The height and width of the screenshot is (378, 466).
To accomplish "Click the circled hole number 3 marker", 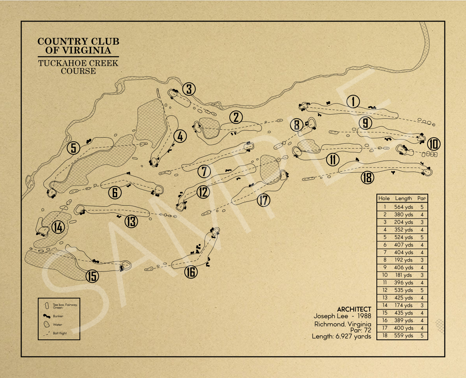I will [x=189, y=89].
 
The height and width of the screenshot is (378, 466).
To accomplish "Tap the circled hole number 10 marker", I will [x=434, y=144].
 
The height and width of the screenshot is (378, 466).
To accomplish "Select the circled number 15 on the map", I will [x=92, y=276].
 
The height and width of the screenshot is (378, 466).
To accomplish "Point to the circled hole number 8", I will [x=297, y=125].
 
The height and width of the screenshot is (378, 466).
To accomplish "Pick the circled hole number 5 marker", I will [x=74, y=148].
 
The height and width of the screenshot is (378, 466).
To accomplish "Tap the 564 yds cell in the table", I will [x=403, y=207].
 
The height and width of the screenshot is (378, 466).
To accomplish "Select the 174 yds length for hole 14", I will [x=403, y=305].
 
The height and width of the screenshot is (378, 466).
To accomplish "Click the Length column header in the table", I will [x=403, y=198].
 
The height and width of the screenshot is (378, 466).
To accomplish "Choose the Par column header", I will [x=421, y=198].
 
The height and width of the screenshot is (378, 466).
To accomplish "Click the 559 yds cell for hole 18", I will [x=403, y=336].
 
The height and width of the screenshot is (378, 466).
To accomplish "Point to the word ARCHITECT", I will [x=354, y=309].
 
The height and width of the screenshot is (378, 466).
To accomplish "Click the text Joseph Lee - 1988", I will [x=342, y=316].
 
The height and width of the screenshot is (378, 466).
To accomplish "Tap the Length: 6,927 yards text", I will [x=341, y=336].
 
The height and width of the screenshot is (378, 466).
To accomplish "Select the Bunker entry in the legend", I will [x=58, y=316].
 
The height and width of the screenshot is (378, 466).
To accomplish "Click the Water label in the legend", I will [x=57, y=325].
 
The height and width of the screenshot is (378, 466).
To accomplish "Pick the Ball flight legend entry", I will [x=59, y=333].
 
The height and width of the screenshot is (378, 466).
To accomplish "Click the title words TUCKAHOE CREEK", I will [x=78, y=63].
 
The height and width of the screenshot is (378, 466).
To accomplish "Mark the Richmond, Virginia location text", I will [x=342, y=324].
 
